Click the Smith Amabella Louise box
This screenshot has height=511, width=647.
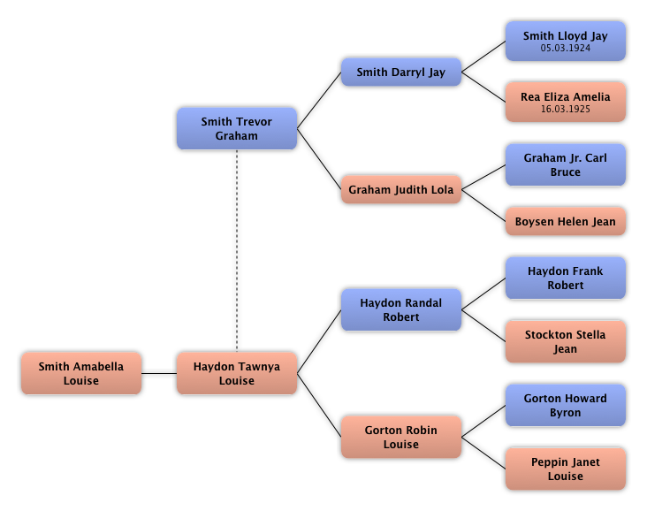tap(81, 374)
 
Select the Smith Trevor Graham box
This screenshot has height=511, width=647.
tap(237, 129)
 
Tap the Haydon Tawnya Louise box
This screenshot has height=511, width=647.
tap(237, 374)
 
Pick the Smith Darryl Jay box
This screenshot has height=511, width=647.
tap(401, 72)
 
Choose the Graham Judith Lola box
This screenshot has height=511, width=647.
tap(401, 190)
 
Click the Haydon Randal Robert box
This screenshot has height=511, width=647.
tap(401, 310)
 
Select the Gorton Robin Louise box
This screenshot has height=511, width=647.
tap(401, 438)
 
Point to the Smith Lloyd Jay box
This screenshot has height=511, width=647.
tap(566, 42)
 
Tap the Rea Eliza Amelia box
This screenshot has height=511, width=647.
tap(566, 103)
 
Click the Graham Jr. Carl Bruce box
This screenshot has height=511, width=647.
tap(566, 165)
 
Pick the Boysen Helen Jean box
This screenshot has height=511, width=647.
tap(566, 222)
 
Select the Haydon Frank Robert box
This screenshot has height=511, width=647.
tap(566, 278)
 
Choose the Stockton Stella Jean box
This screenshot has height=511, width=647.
tap(566, 342)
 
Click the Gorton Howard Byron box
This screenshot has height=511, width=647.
tap(566, 406)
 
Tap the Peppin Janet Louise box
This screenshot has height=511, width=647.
tap(566, 469)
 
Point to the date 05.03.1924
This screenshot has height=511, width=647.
tap(566, 49)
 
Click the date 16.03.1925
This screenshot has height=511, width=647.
tap(566, 110)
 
